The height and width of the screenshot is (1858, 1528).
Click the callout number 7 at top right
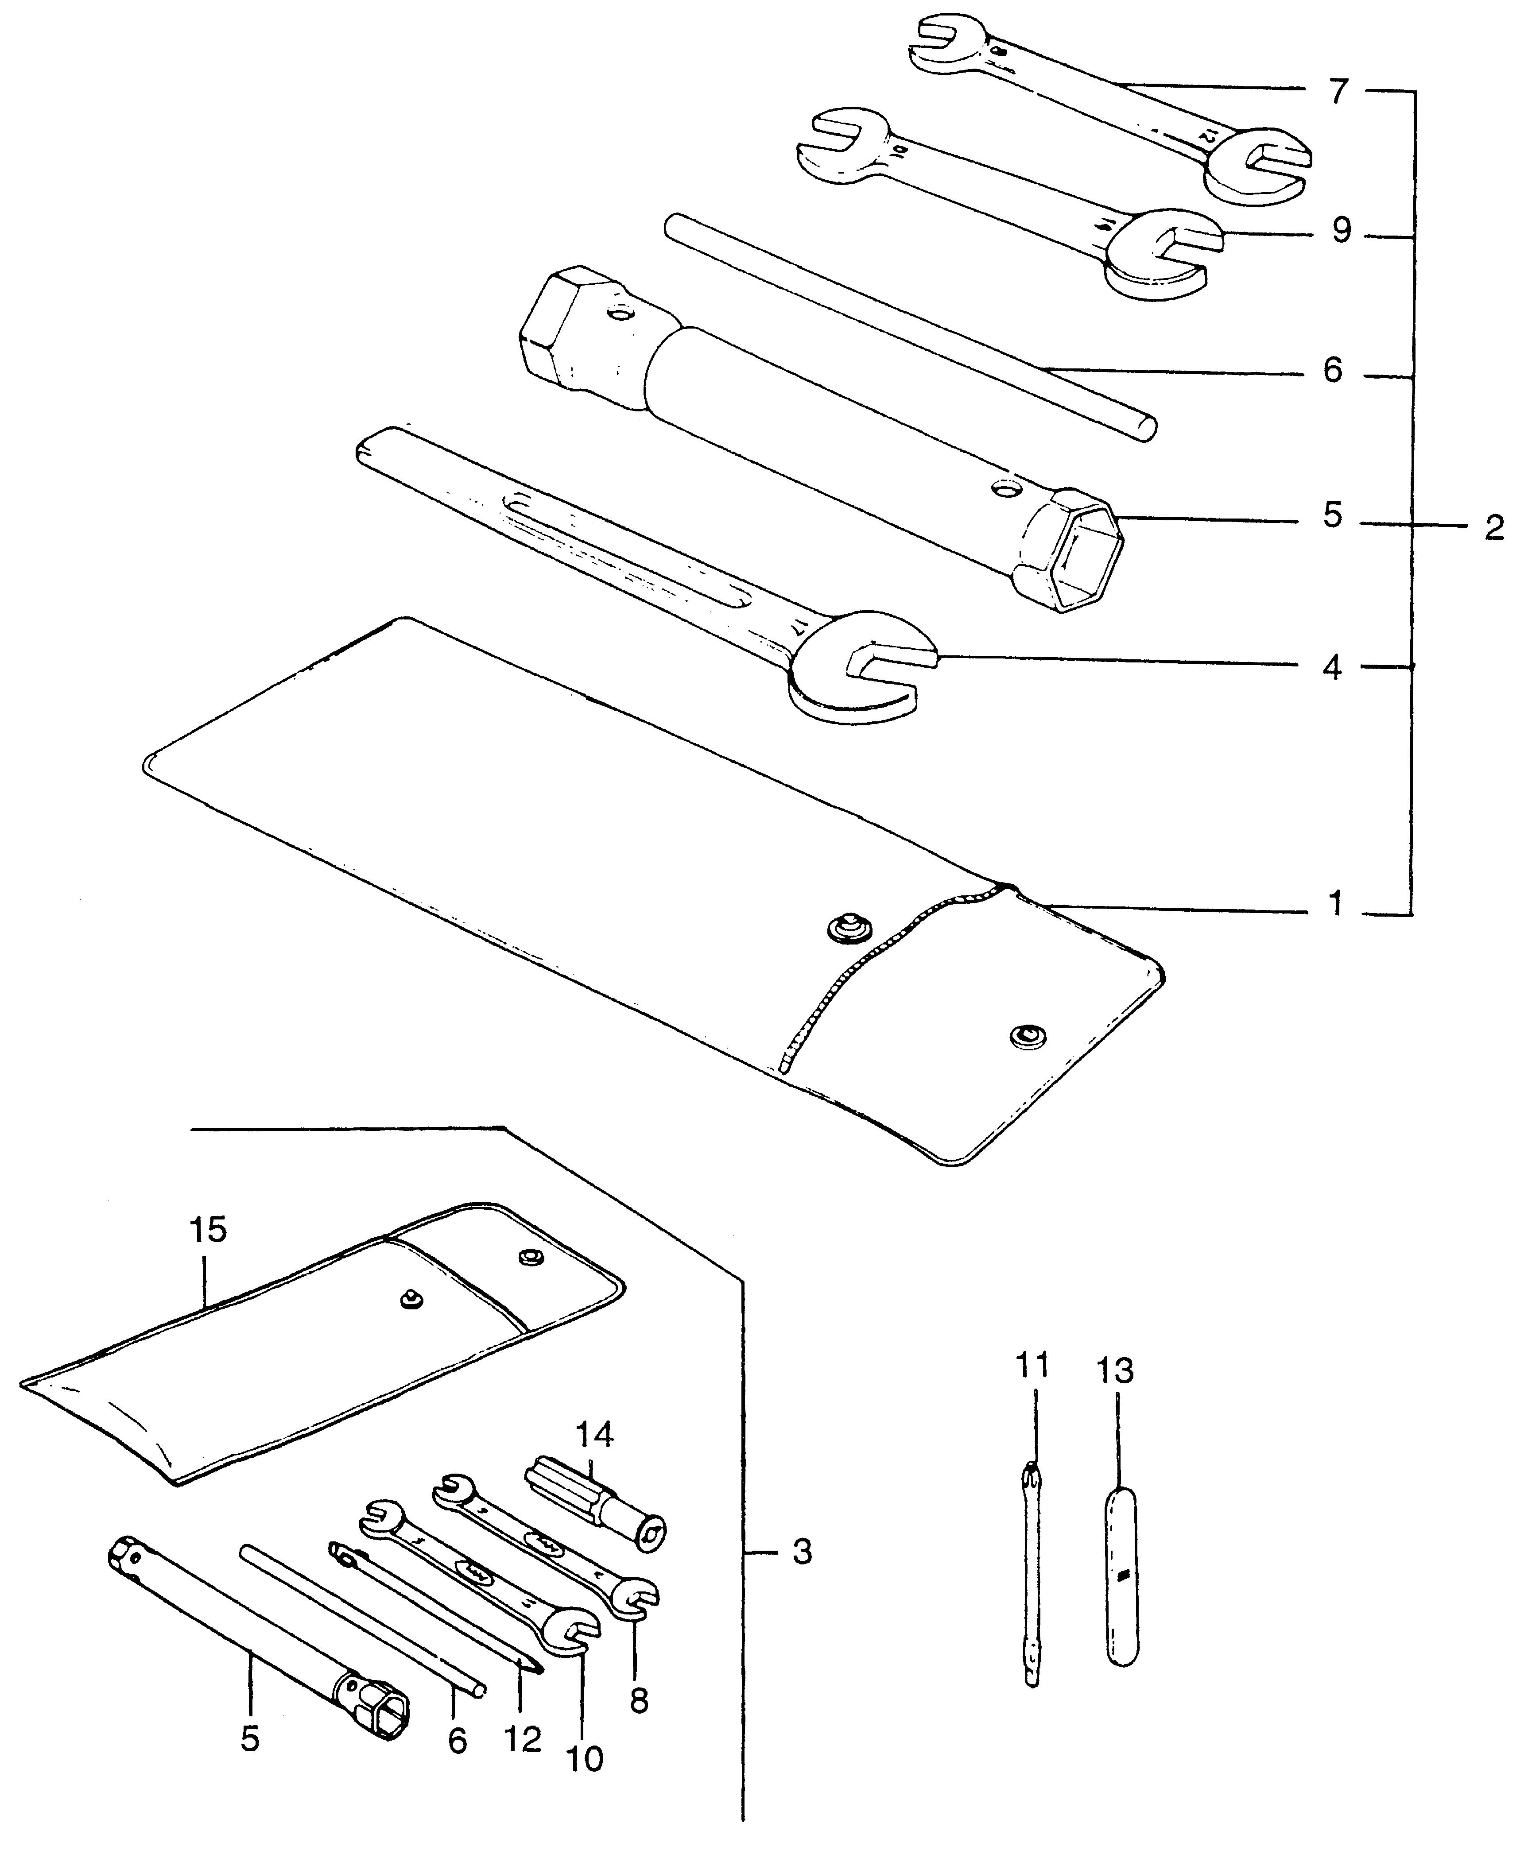(x=1338, y=91)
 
